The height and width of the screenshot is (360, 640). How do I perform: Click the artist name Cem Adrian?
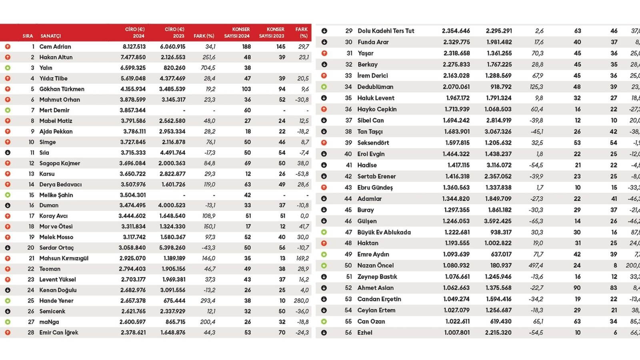[55, 47]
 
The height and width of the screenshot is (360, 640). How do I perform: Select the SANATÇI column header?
[50, 36]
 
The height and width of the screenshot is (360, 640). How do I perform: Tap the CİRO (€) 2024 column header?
[135, 32]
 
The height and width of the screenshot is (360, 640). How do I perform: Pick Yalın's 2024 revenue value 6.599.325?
[133, 68]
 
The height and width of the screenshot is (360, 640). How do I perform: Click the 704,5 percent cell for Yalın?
[208, 68]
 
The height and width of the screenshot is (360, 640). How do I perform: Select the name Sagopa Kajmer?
[60, 163]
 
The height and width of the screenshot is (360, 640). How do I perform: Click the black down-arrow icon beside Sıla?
[8, 153]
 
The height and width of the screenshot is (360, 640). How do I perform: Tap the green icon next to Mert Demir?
[8, 110]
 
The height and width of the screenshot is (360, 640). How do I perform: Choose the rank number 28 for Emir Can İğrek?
[31, 332]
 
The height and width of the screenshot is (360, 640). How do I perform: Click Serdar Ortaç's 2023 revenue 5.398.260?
[172, 248]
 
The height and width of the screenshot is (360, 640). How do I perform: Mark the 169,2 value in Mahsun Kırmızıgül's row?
[302, 258]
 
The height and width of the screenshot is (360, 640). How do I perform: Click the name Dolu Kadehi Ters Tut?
[386, 31]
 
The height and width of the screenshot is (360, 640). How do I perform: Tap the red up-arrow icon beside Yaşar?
[324, 53]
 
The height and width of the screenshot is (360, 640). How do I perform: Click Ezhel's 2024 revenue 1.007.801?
[457, 332]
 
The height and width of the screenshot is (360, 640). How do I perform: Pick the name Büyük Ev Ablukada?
[384, 232]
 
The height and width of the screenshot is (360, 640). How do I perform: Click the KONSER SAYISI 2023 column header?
[272, 32]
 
